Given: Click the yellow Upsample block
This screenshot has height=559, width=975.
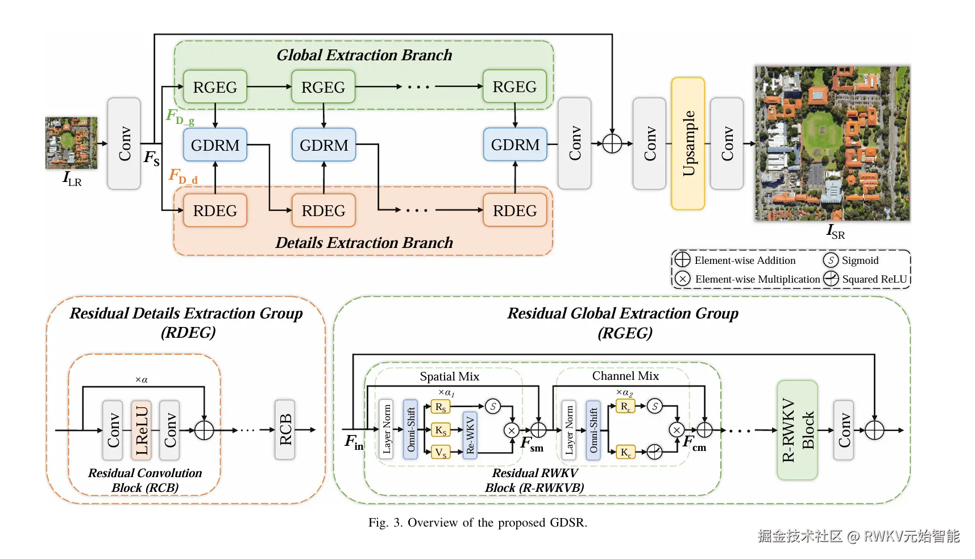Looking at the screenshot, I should click(x=688, y=143).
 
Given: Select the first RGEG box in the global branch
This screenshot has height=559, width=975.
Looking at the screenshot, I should click(x=215, y=87).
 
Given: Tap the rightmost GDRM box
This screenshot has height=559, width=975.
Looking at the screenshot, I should click(x=515, y=145).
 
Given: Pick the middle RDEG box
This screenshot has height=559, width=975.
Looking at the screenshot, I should click(x=323, y=210).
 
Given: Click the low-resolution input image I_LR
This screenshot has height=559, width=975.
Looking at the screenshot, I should click(x=72, y=143).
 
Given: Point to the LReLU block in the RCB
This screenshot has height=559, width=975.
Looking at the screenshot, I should click(x=141, y=430).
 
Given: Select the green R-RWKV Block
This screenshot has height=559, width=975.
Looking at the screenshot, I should click(x=797, y=430).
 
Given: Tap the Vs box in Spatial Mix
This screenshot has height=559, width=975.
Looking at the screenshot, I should click(x=441, y=453).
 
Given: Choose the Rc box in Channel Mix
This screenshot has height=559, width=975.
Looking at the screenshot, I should click(x=625, y=407).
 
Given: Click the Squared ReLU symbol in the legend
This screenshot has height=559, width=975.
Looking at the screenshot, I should click(x=831, y=279).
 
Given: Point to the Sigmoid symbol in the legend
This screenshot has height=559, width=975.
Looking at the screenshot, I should click(x=831, y=260).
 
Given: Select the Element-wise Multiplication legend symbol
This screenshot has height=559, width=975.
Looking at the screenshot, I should click(x=682, y=279).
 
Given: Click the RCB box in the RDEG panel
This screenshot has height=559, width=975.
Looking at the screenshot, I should click(x=285, y=430).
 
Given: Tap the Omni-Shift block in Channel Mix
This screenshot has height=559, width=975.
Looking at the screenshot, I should click(x=593, y=430).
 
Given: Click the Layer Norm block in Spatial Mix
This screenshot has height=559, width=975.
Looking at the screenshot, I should click(x=387, y=430).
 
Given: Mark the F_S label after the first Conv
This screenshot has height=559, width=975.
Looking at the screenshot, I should click(x=151, y=158).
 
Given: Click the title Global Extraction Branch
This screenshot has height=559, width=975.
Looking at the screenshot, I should click(x=364, y=55).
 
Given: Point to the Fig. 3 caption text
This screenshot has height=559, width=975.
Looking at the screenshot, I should click(x=478, y=523).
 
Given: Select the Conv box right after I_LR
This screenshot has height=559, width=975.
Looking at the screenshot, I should click(x=124, y=143).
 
